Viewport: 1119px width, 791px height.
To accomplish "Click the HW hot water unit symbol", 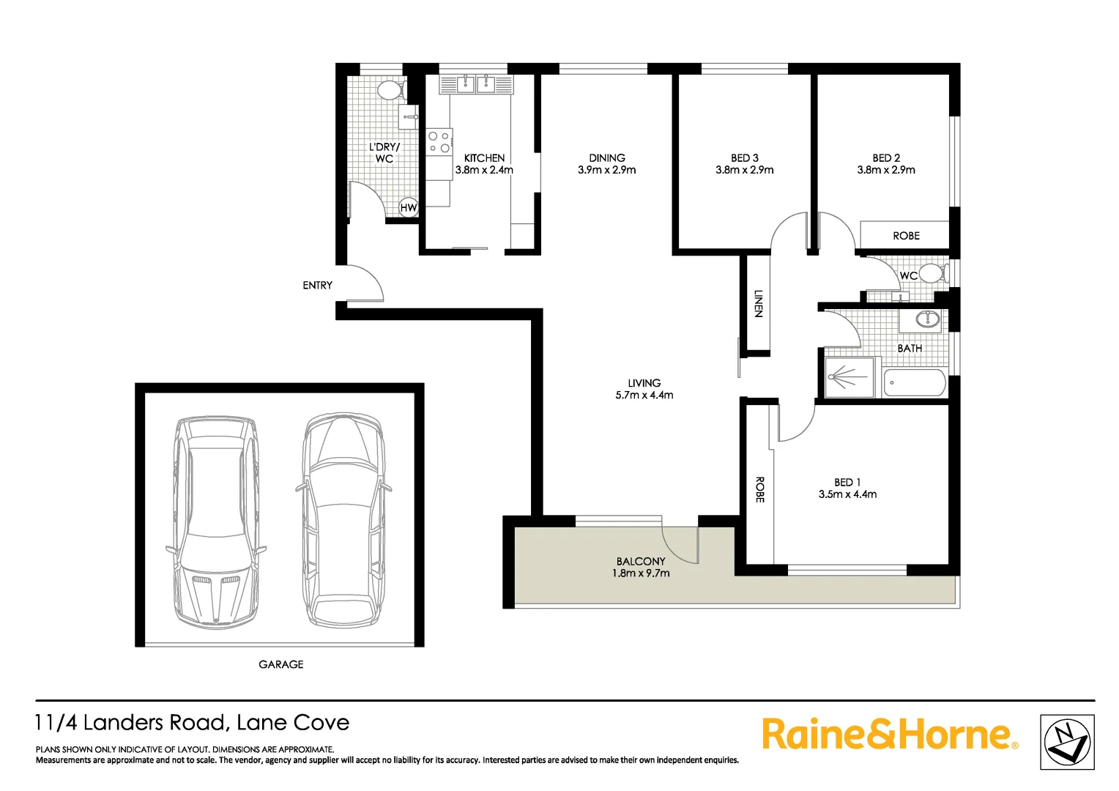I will (x=408, y=208).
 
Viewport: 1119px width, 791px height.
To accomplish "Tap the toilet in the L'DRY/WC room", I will (x=389, y=90).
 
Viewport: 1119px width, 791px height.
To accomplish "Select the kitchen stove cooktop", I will (x=439, y=142).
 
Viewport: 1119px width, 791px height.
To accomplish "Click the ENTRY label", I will (x=317, y=285).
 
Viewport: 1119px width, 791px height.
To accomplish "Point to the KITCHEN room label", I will (x=484, y=157).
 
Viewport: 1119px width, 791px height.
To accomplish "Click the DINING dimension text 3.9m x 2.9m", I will (x=606, y=170).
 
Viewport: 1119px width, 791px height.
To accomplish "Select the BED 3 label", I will (x=744, y=157).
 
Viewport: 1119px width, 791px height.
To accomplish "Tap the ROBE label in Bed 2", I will (x=906, y=236).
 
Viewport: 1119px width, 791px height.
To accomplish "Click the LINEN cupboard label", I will (x=759, y=303).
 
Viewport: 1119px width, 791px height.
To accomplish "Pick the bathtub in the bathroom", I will (x=915, y=382).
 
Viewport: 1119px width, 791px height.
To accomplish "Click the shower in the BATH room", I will (x=850, y=377).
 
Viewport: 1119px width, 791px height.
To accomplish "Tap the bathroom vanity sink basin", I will (x=928, y=319).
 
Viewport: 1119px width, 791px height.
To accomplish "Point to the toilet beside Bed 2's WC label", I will (x=932, y=274).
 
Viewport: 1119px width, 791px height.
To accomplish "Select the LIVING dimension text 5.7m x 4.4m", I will (x=644, y=395).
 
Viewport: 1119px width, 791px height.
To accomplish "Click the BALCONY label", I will (x=641, y=561).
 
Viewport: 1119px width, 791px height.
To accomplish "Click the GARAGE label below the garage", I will (x=280, y=664).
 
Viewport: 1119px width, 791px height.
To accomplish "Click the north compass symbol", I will (x=1067, y=742).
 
